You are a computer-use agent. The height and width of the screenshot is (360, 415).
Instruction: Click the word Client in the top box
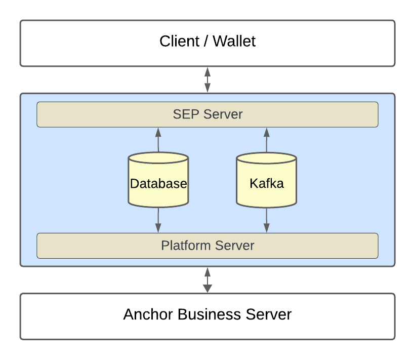(x=180, y=41)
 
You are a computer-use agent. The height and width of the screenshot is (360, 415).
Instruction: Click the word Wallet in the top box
(x=234, y=41)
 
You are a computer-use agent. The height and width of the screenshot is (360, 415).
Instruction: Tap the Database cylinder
(x=158, y=183)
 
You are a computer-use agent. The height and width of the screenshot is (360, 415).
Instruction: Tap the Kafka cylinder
(x=267, y=183)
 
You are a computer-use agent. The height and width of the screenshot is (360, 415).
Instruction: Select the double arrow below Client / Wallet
(x=207, y=79)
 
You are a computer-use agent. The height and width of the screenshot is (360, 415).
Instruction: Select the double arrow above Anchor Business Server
(x=207, y=280)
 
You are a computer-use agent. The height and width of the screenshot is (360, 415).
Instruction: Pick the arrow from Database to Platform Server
(x=158, y=220)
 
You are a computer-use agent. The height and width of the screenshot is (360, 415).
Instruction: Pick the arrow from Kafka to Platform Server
(x=267, y=220)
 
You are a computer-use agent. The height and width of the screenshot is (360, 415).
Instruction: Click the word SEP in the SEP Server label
(x=183, y=114)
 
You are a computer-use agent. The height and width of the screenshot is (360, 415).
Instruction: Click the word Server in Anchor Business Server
(x=269, y=314)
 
